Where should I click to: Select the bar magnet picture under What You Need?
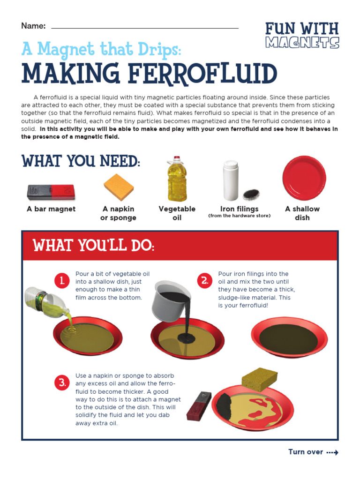coord(51,191)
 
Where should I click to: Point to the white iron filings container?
coord(231,181)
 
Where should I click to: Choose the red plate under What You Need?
coord(304,178)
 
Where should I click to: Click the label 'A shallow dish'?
coord(302,213)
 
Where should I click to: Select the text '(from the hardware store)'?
coord(240,216)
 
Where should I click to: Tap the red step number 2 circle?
coord(205,281)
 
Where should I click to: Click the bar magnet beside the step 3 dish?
coord(199,405)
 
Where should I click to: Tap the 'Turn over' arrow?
coord(332,452)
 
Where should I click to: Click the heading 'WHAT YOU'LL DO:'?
coord(93,246)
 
